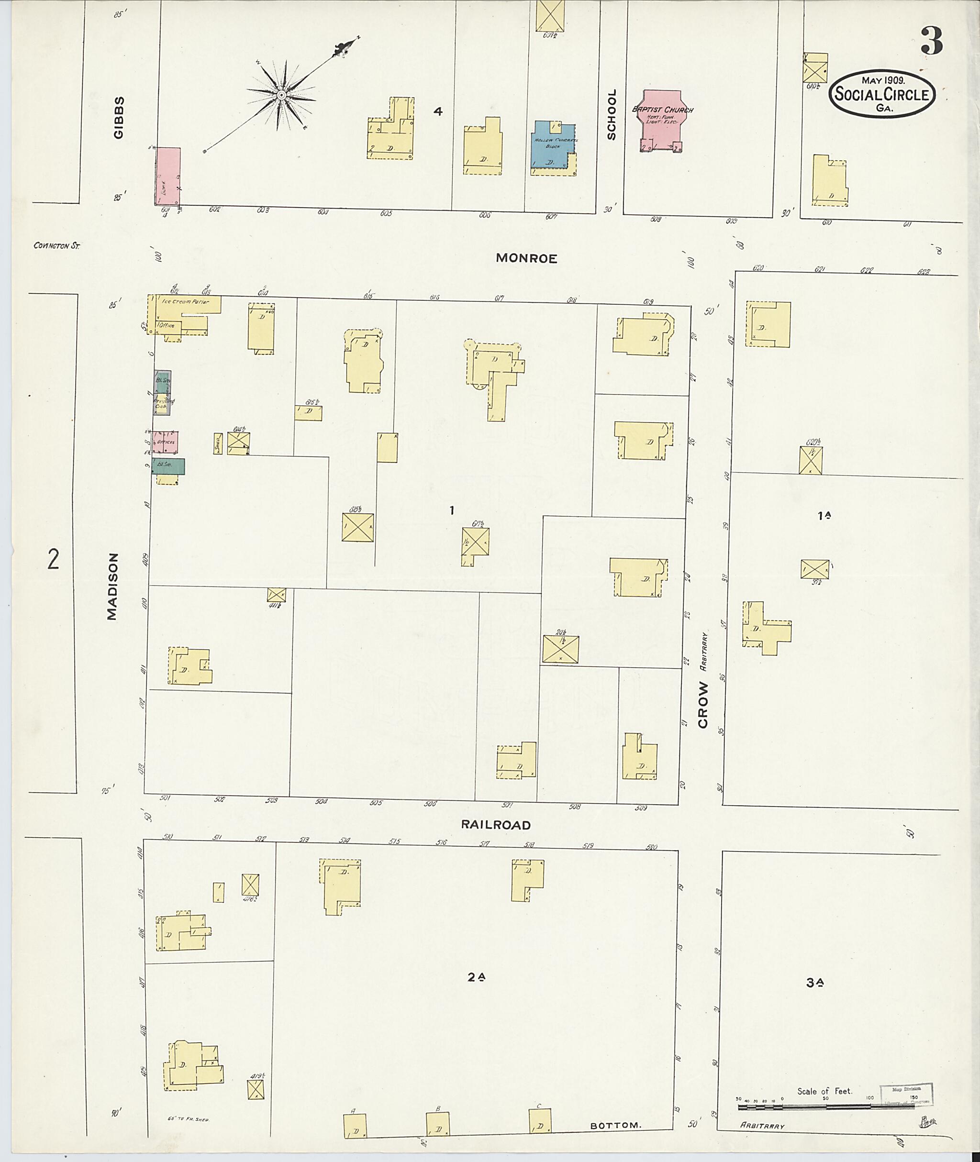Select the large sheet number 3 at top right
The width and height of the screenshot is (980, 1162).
(x=932, y=41)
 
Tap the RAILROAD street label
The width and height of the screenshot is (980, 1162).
(x=496, y=825)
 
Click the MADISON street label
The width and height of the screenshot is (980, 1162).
(x=113, y=586)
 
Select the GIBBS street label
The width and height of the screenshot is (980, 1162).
(x=118, y=117)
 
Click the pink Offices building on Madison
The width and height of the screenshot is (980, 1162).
(x=166, y=442)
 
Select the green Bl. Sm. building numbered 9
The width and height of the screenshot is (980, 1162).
(x=169, y=466)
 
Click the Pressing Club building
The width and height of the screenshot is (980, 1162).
(x=163, y=404)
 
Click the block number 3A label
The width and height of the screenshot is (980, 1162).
(x=814, y=983)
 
